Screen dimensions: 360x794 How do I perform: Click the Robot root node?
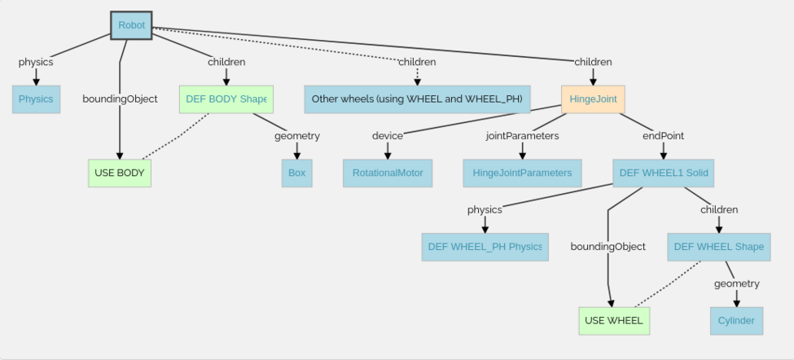click(x=131, y=25)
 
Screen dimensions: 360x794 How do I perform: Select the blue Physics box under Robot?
click(x=36, y=99)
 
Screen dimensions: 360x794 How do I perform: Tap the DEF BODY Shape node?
click(x=226, y=99)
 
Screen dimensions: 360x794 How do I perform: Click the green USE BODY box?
click(x=120, y=173)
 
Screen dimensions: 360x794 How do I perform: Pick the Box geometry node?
click(x=296, y=173)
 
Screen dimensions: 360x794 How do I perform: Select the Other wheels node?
click(x=418, y=99)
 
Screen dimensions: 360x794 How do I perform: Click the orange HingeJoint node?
click(x=593, y=99)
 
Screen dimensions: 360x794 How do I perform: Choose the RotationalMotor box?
click(x=387, y=173)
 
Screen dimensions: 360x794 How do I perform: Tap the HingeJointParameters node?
click(x=522, y=173)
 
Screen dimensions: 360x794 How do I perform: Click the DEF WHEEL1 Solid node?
click(x=664, y=173)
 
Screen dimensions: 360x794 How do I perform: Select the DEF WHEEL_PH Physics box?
click(x=485, y=247)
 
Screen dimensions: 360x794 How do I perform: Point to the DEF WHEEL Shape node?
click(x=719, y=247)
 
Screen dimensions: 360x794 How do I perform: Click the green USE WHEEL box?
click(x=613, y=321)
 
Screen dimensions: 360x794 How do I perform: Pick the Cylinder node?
click(x=736, y=321)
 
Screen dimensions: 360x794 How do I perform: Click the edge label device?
click(x=388, y=136)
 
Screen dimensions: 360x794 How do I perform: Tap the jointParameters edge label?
click(x=522, y=136)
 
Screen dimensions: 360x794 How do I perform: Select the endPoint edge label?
click(x=663, y=136)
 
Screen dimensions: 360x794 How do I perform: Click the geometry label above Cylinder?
click(x=736, y=283)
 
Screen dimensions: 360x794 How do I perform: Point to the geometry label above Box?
click(x=296, y=136)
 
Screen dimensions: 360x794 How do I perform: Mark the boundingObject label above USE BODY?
click(x=120, y=99)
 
